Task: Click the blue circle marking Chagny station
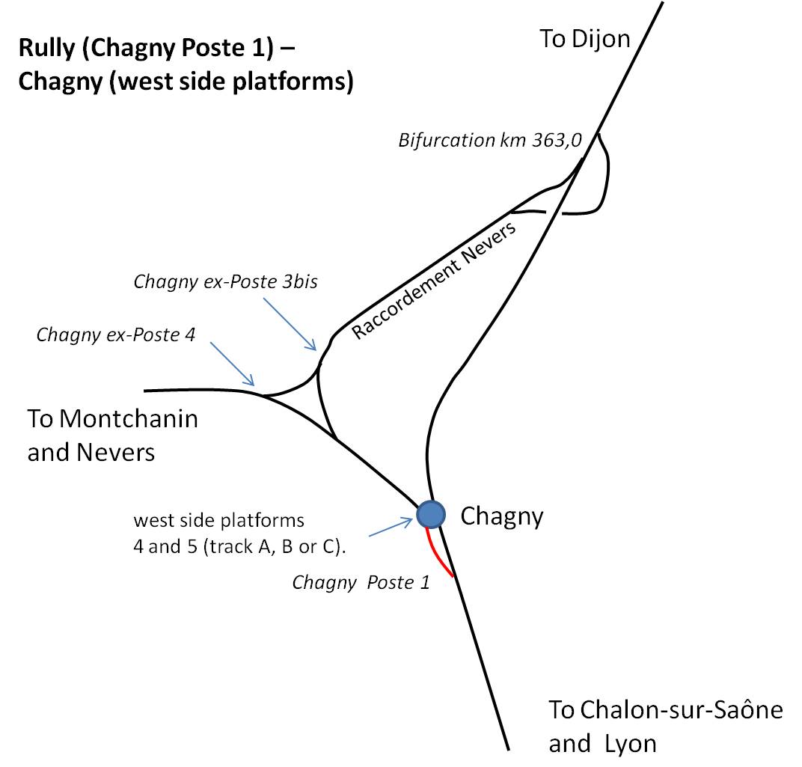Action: (x=431, y=514)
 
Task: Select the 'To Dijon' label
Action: (x=584, y=40)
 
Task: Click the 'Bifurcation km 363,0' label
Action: (x=490, y=140)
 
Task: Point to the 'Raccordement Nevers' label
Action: (x=434, y=281)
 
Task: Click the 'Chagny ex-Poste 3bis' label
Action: (x=226, y=282)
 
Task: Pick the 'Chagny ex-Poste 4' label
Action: (x=116, y=335)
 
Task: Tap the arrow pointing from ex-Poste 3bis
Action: (x=290, y=325)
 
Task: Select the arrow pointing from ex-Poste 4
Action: (x=232, y=364)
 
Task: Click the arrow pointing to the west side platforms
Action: (x=391, y=527)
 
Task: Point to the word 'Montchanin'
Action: (x=129, y=419)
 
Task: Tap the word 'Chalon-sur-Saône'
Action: (x=682, y=710)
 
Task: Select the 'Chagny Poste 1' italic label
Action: (x=361, y=583)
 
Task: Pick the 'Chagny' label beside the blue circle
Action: (x=502, y=517)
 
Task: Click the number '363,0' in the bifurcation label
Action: (x=557, y=140)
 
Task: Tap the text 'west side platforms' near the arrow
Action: (x=219, y=521)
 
